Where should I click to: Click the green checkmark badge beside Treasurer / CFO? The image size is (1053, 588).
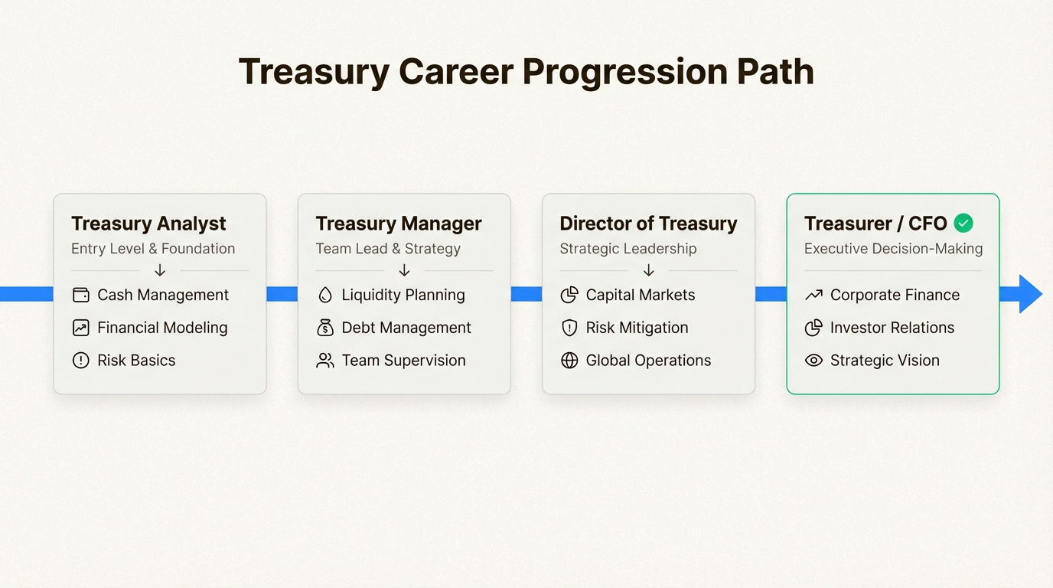(x=963, y=224)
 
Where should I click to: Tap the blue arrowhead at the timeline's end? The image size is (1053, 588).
(x=1030, y=294)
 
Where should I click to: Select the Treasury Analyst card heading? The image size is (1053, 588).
(x=148, y=224)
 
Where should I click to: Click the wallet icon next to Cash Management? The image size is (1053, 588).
(x=80, y=295)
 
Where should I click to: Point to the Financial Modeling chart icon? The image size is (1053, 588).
(x=80, y=328)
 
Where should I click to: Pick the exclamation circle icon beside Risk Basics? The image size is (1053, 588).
(x=80, y=361)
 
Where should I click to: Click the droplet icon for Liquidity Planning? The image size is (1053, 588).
(x=324, y=295)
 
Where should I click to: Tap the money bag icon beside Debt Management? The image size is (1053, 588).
(x=324, y=328)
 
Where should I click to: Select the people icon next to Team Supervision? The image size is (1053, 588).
(x=324, y=361)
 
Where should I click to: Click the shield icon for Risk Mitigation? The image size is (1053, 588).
(x=569, y=328)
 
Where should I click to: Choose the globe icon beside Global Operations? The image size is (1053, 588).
(x=569, y=361)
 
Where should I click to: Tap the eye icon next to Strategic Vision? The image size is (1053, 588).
(x=813, y=361)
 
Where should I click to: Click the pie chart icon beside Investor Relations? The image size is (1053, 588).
(x=813, y=328)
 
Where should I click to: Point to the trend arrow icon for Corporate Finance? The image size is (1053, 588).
(x=813, y=295)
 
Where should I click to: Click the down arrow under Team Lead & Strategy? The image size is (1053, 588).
(x=404, y=270)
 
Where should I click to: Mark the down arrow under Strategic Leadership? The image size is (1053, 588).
(x=648, y=270)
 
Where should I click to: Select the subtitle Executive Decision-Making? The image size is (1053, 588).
(x=893, y=249)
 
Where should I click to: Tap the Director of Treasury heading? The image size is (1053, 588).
(x=648, y=224)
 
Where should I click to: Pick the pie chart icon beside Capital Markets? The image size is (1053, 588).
(x=569, y=295)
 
